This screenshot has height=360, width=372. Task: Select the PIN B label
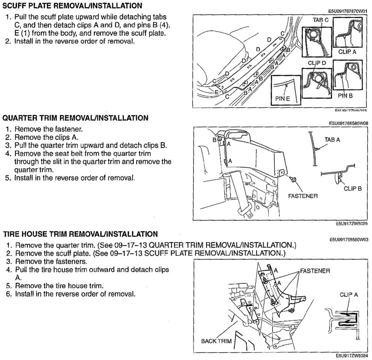[x=345, y=96]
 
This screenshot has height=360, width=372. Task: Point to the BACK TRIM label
[x=216, y=341]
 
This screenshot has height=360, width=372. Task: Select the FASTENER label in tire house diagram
[x=315, y=270]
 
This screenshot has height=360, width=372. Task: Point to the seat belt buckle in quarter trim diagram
[x=245, y=211]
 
